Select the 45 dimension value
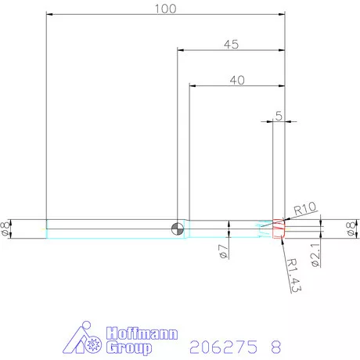230,45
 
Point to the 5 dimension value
278,116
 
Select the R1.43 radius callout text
293,275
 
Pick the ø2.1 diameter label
315,255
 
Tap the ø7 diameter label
222,252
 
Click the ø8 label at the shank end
7,229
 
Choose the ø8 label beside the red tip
351,229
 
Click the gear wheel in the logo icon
92,343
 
